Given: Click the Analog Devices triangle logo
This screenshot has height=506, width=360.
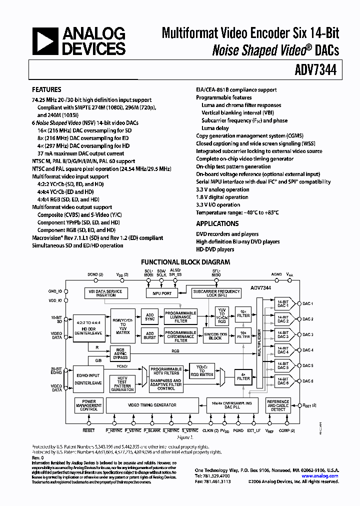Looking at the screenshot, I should click(x=44, y=41).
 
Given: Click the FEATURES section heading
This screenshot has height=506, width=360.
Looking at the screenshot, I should click(x=46, y=90).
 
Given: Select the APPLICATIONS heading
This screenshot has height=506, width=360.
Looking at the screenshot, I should click(x=217, y=223).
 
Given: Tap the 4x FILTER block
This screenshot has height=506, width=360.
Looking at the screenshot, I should click(x=243, y=375).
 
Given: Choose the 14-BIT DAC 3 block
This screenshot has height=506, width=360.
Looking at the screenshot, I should click(x=282, y=334).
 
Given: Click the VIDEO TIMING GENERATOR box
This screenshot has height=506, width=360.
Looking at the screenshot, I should click(x=152, y=405).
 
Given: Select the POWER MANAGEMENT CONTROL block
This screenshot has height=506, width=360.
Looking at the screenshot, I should click(x=88, y=405).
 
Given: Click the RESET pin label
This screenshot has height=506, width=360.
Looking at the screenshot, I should click(x=88, y=430).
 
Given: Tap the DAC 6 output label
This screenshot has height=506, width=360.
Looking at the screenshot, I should click(x=308, y=381).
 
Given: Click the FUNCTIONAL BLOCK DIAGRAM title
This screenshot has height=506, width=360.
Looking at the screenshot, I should click(x=185, y=261).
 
